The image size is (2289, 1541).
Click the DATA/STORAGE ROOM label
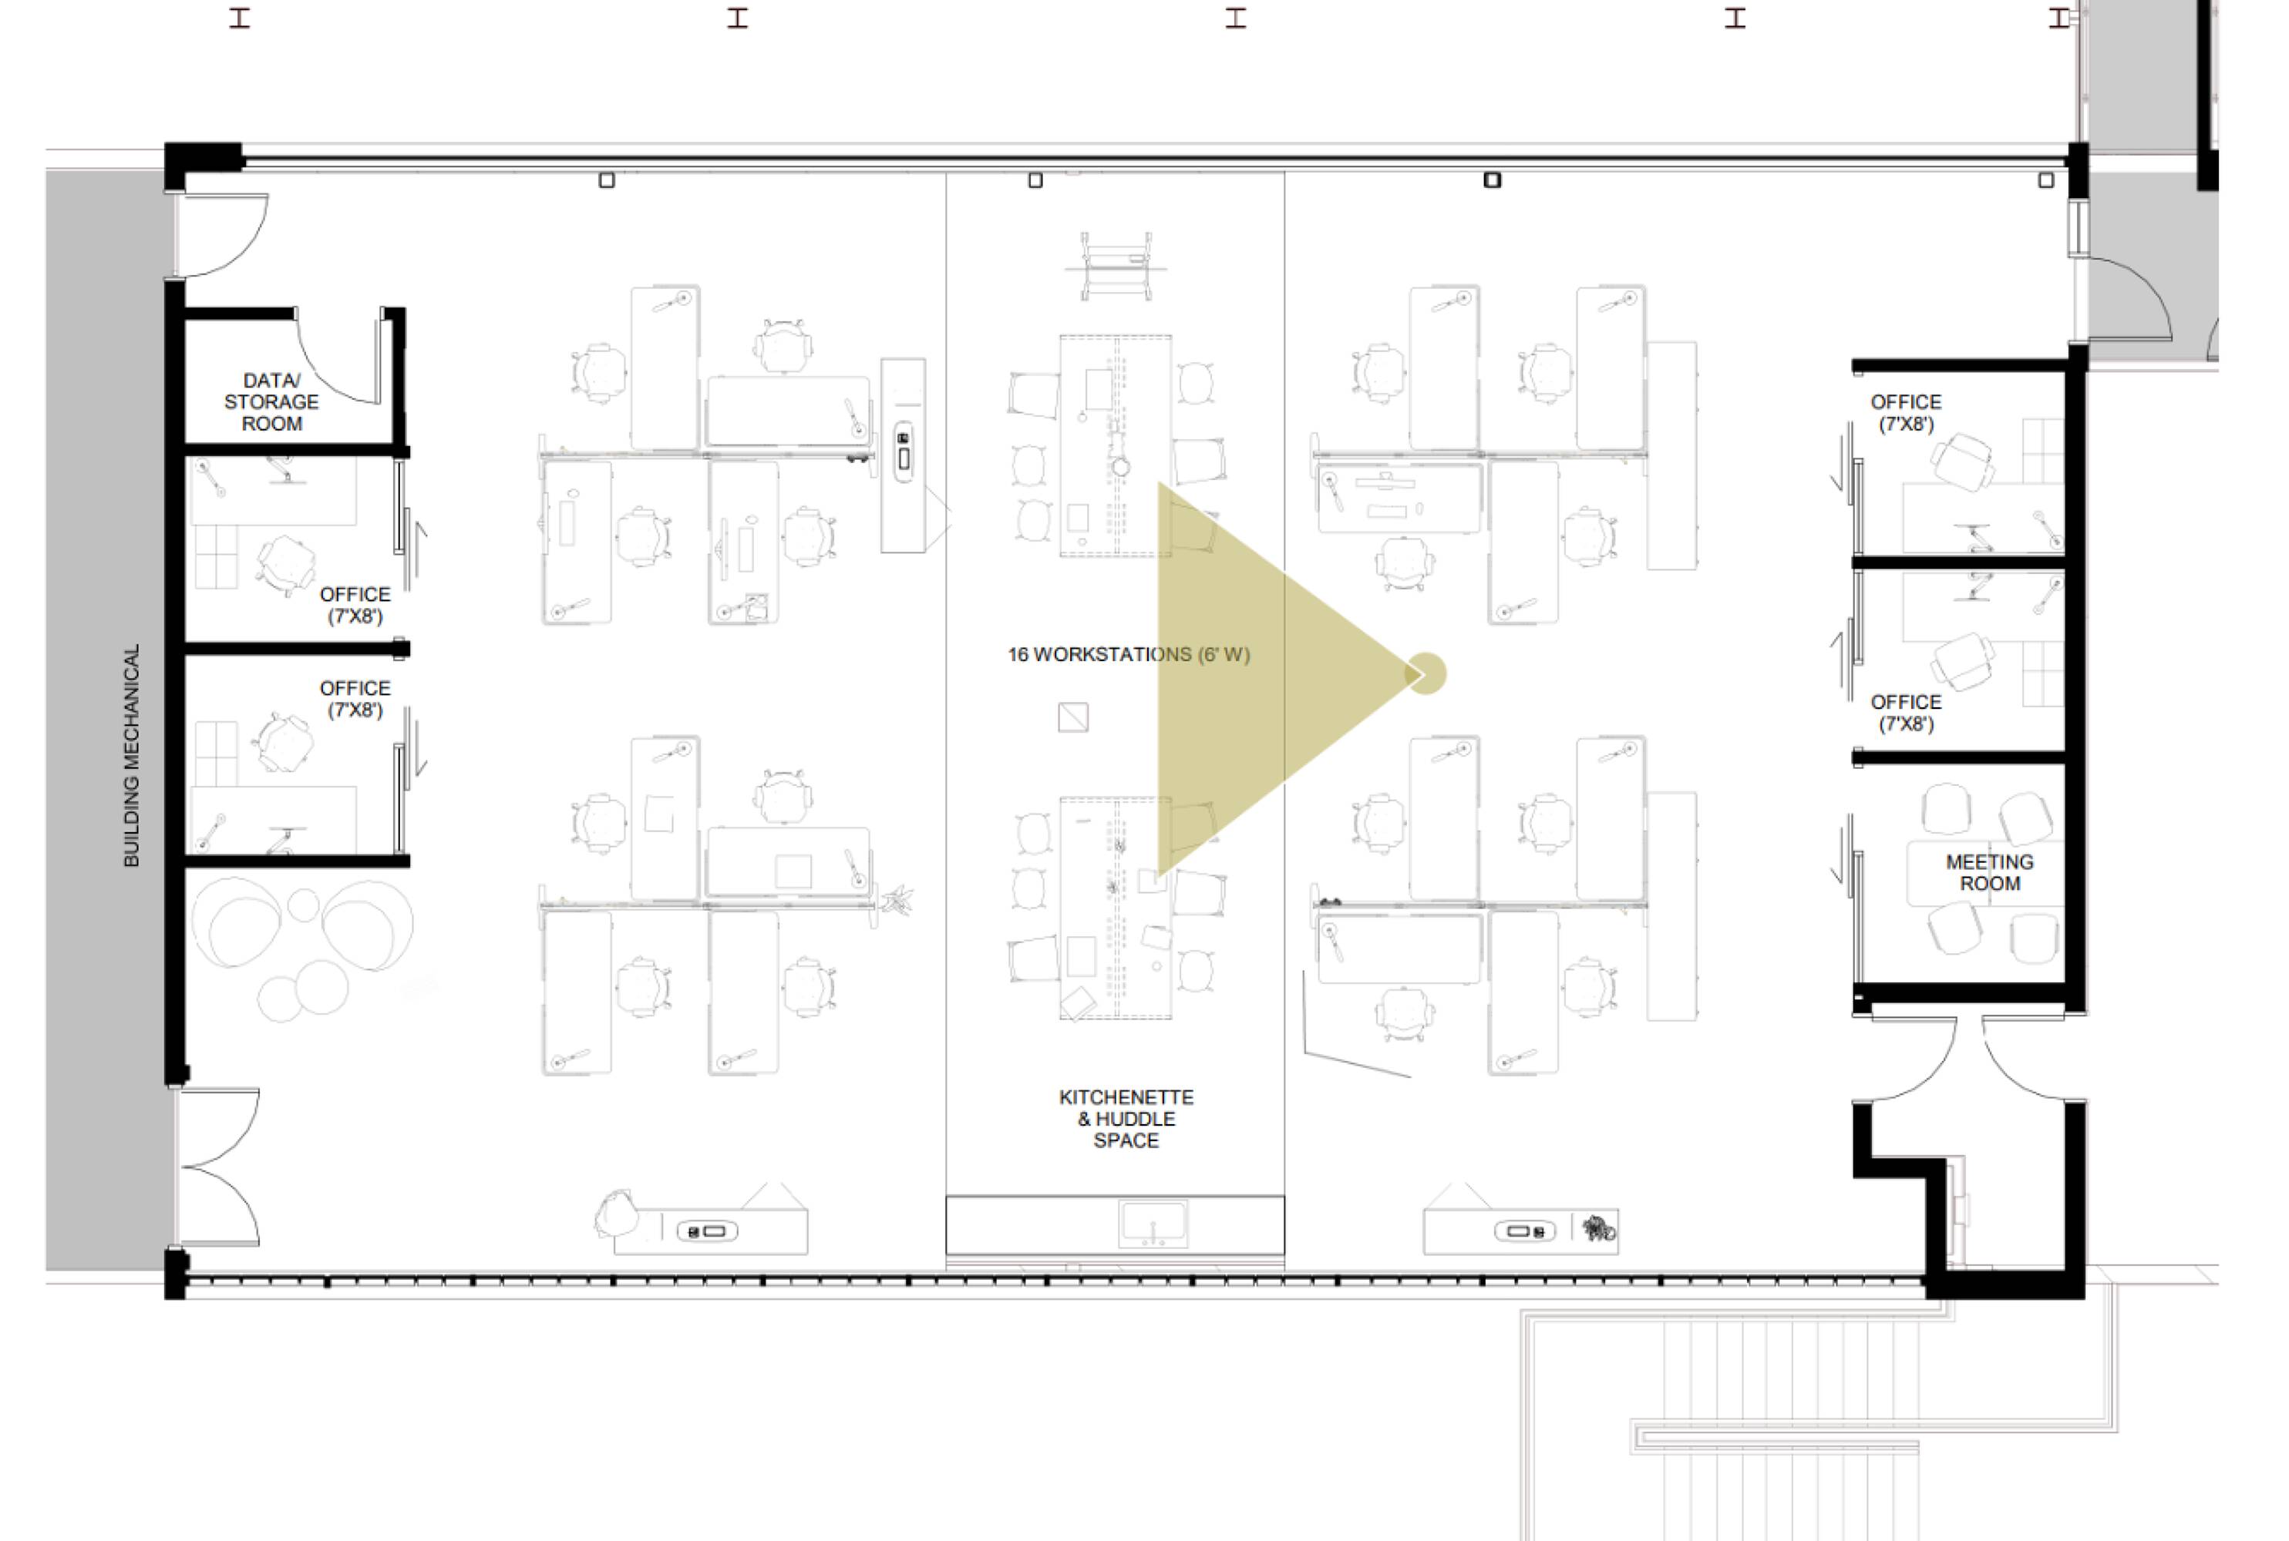coord(271,402)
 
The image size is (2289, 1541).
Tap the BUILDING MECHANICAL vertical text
coord(131,755)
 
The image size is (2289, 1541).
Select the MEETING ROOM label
coord(1989,873)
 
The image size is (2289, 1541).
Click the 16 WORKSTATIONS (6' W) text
coord(1129,654)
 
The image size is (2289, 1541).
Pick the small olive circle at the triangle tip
coord(1427,674)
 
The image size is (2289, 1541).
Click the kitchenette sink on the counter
coord(1153,1224)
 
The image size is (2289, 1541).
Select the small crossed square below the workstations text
coord(1072,717)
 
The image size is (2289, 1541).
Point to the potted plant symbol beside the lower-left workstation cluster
coord(897,898)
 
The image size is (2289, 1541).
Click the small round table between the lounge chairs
coord(304,905)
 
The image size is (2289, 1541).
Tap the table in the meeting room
coord(1984,873)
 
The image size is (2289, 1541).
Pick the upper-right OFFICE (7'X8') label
coord(1906,413)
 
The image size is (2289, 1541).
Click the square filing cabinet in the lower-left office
coord(217,754)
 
